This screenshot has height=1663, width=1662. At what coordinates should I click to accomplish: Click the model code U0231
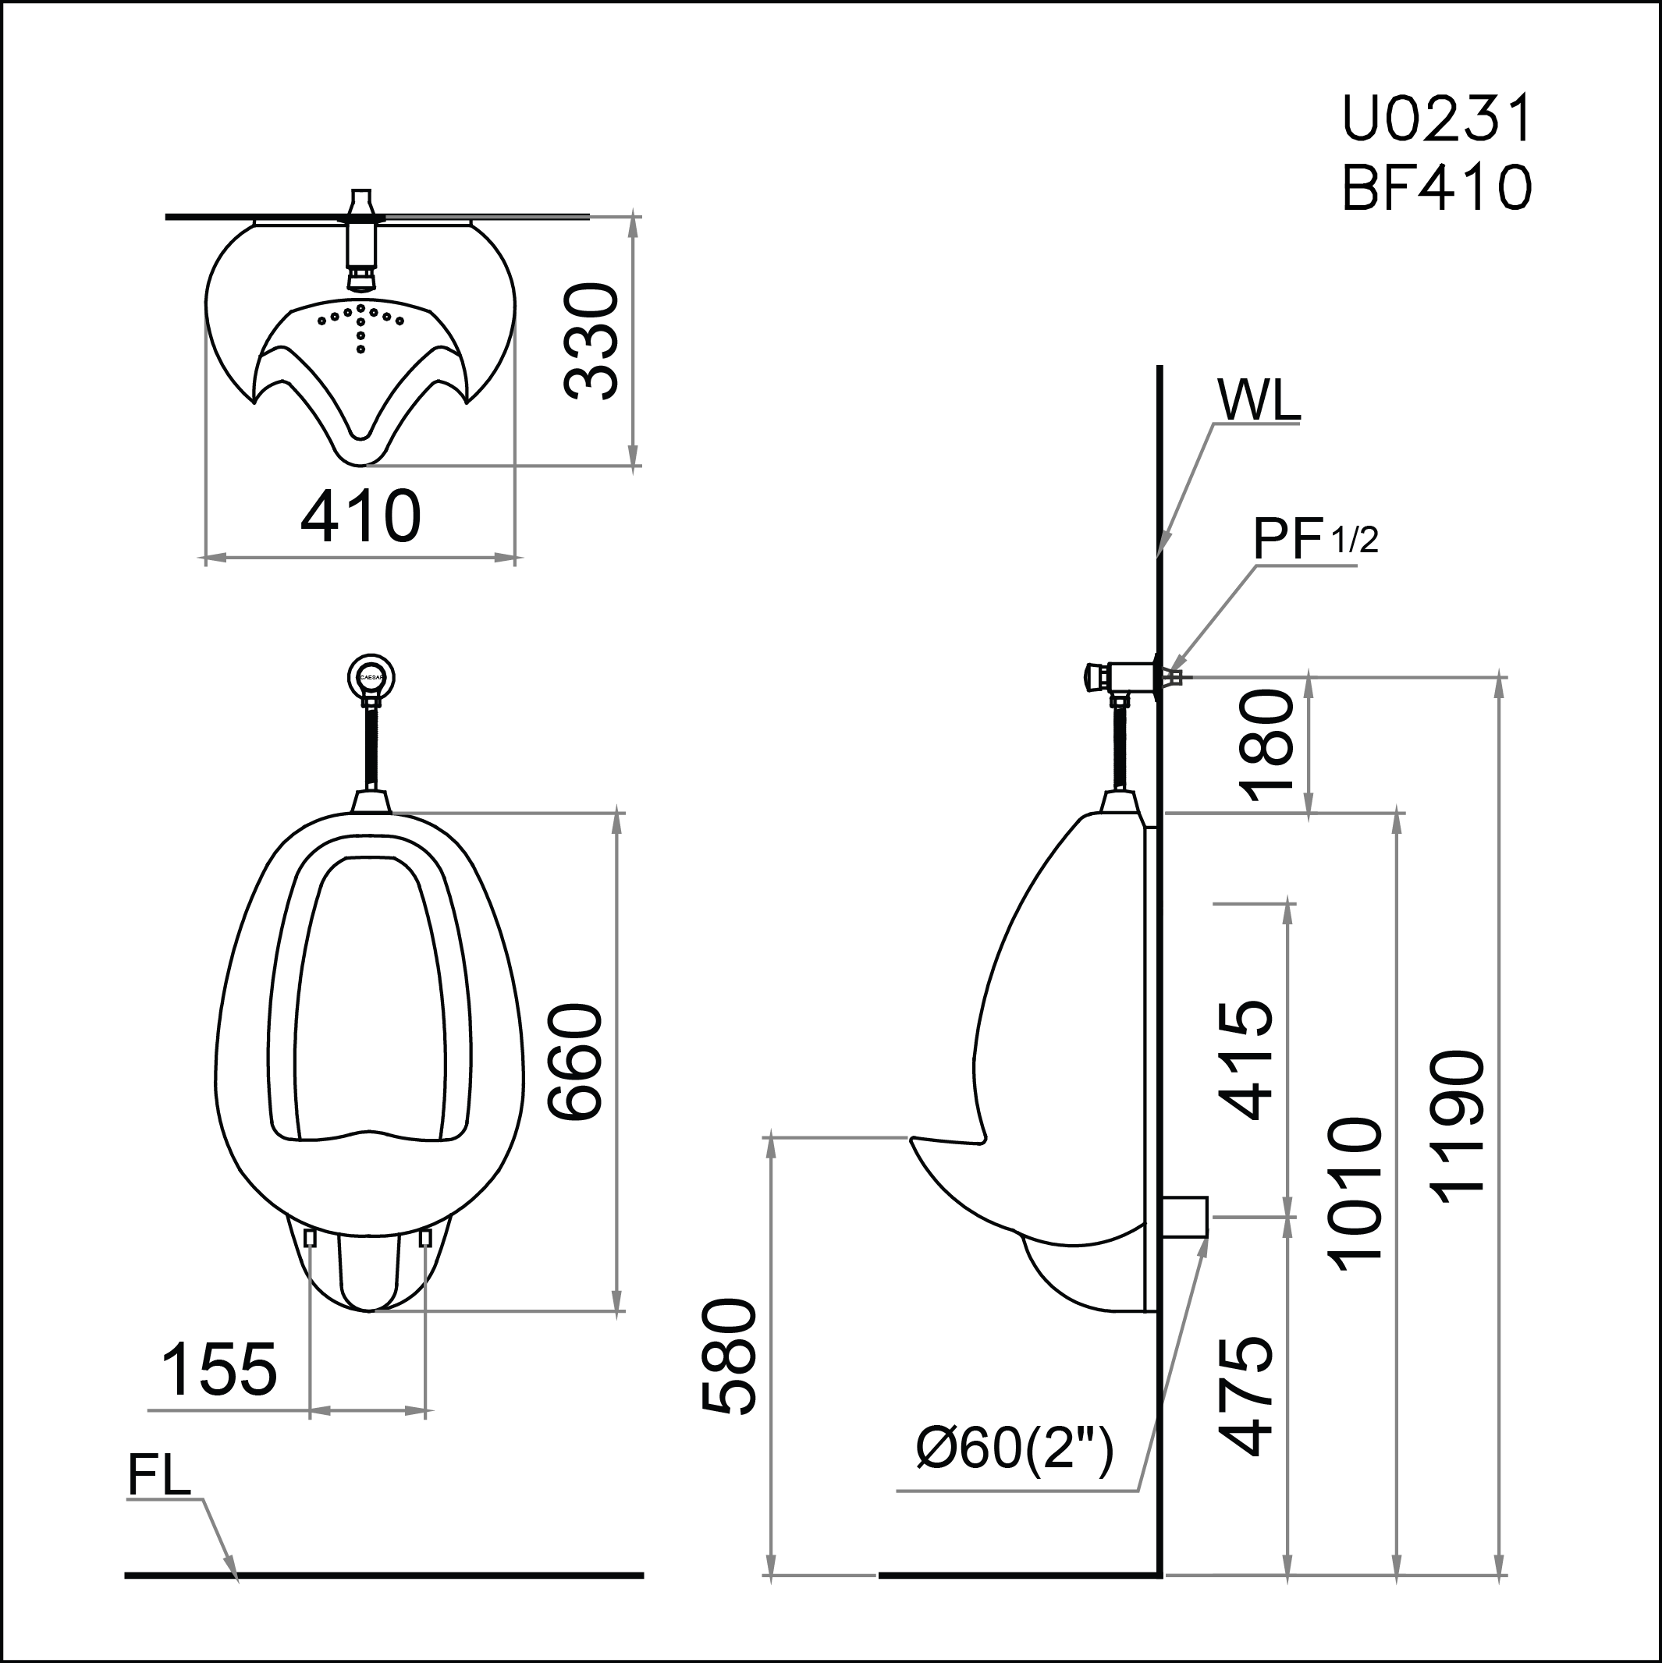pyautogui.click(x=1436, y=119)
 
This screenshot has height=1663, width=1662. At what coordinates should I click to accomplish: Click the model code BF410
pyautogui.click(x=1436, y=188)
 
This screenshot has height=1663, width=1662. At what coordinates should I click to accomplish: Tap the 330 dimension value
pyautogui.click(x=591, y=342)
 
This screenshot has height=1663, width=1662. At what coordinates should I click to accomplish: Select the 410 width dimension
pyautogui.click(x=360, y=516)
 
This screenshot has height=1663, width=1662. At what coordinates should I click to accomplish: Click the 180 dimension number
pyautogui.click(x=1266, y=746)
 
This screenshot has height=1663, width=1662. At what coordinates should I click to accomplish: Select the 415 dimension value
pyautogui.click(x=1245, y=1059)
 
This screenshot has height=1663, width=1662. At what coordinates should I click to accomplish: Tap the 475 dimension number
pyautogui.click(x=1245, y=1396)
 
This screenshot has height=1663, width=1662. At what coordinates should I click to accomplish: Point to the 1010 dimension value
pyautogui.click(x=1355, y=1195)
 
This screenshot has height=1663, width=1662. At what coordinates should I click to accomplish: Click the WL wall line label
pyautogui.click(x=1258, y=400)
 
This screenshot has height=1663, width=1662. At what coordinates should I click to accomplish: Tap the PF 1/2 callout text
pyautogui.click(x=1314, y=540)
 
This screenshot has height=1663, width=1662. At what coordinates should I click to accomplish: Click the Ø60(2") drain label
pyautogui.click(x=1014, y=1448)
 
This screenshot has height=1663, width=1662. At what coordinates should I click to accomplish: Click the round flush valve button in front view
pyautogui.click(x=372, y=677)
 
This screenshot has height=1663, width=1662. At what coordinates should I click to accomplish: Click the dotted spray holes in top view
pyautogui.click(x=360, y=323)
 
